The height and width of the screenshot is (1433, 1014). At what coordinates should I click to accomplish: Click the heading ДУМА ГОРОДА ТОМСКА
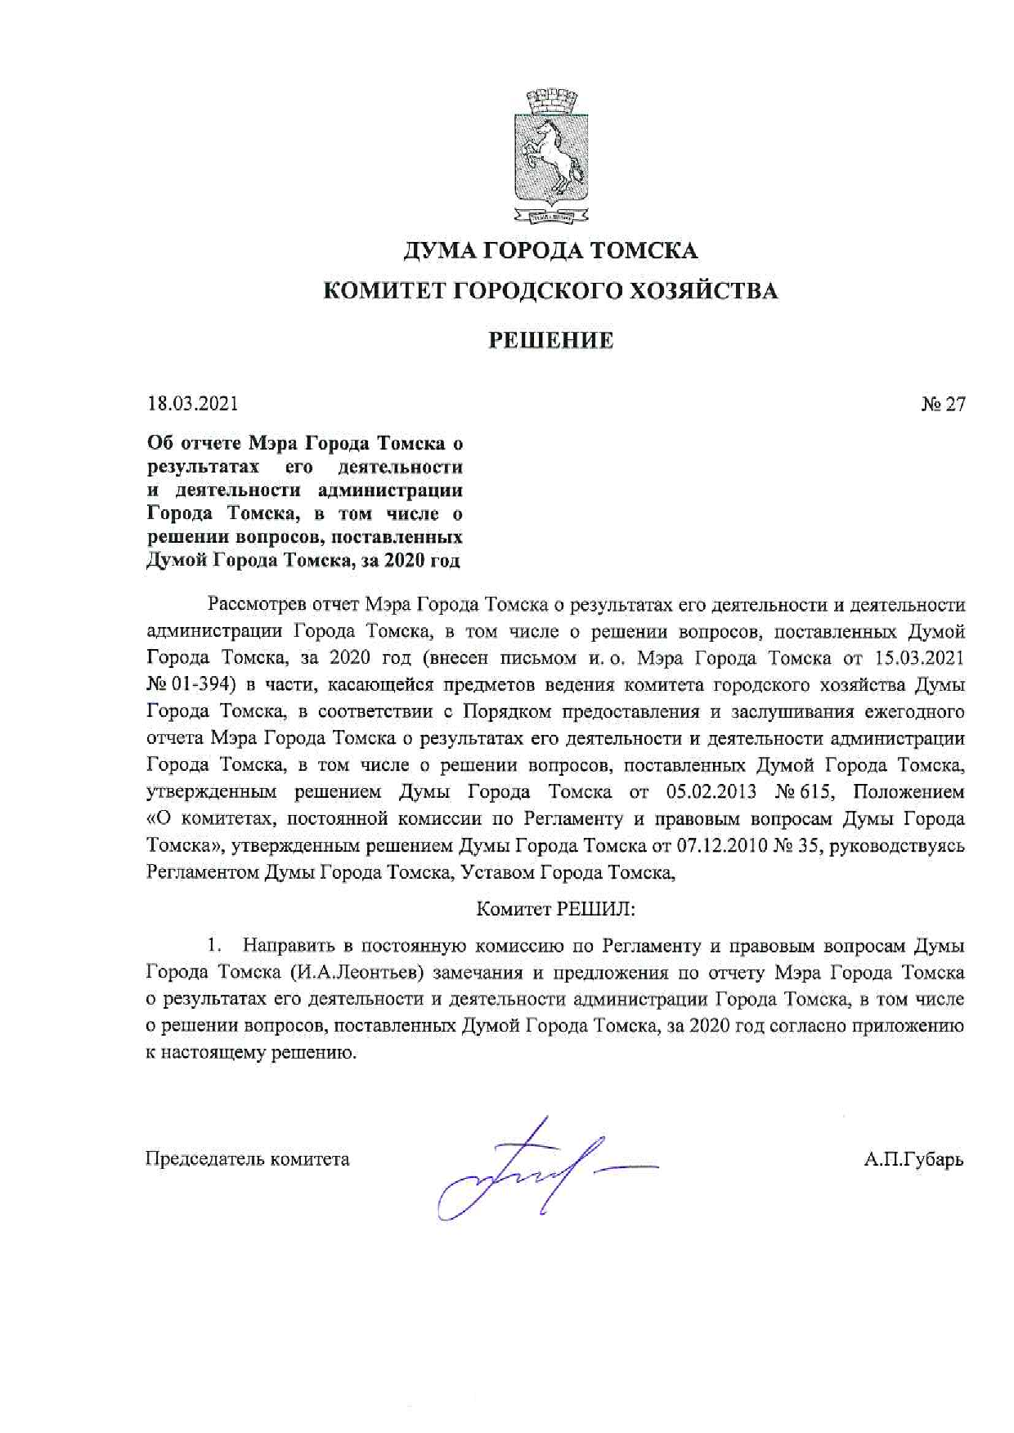pyautogui.click(x=550, y=250)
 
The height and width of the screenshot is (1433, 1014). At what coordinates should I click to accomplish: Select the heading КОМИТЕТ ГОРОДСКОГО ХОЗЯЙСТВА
pyautogui.click(x=550, y=291)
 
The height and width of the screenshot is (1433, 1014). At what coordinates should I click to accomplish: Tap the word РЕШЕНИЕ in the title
pyautogui.click(x=550, y=340)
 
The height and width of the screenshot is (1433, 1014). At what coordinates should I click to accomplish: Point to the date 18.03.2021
pyautogui.click(x=192, y=404)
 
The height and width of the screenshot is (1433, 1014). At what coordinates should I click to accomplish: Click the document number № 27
pyautogui.click(x=943, y=404)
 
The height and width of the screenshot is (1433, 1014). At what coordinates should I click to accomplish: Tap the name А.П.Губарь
pyautogui.click(x=913, y=1159)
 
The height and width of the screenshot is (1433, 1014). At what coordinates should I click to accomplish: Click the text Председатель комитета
pyautogui.click(x=247, y=1159)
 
